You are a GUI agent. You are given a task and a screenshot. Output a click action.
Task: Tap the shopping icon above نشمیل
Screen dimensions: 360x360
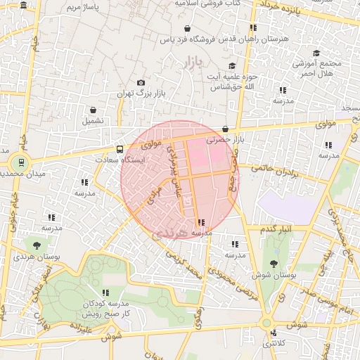[93, 110]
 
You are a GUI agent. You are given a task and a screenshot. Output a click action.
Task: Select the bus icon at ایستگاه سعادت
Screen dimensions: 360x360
[120, 149]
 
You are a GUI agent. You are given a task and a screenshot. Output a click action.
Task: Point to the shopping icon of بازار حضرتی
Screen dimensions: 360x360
[225, 129]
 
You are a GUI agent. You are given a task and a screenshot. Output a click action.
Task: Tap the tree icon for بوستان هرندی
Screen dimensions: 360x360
[37, 245]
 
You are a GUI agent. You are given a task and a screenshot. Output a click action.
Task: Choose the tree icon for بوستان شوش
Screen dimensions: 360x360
[274, 263]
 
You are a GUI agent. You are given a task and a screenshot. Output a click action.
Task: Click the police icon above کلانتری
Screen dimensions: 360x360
[274, 333]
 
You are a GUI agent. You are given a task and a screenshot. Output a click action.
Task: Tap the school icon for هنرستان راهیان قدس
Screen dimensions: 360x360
[252, 27]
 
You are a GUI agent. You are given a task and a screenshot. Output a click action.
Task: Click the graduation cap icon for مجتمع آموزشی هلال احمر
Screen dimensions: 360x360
[316, 53]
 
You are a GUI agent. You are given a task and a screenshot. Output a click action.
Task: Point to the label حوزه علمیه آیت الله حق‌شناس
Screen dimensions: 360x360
[232, 81]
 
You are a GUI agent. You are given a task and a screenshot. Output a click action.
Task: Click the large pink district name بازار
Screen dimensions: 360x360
[192, 65]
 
